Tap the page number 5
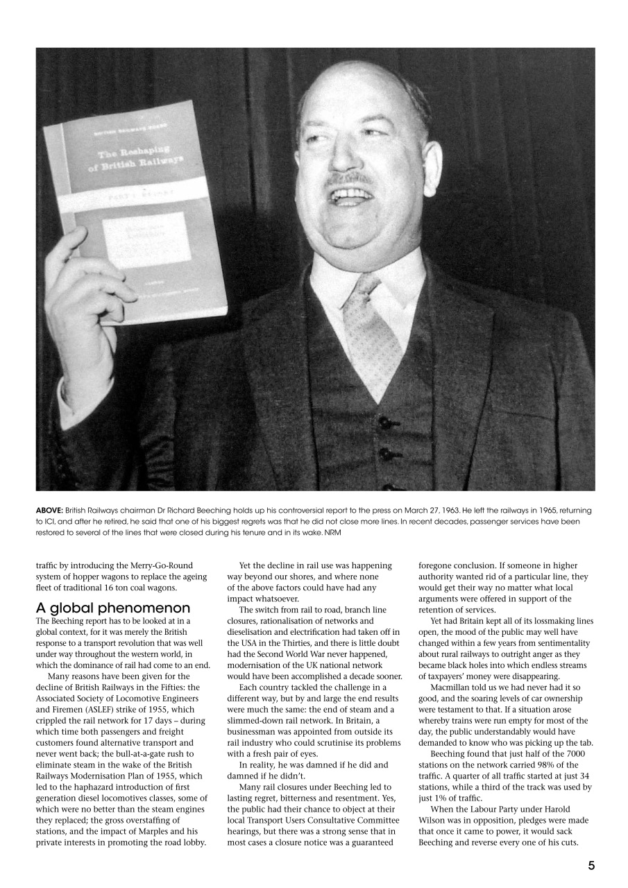(x=591, y=864)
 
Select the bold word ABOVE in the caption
(x=49, y=511)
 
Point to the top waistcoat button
(x=384, y=421)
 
